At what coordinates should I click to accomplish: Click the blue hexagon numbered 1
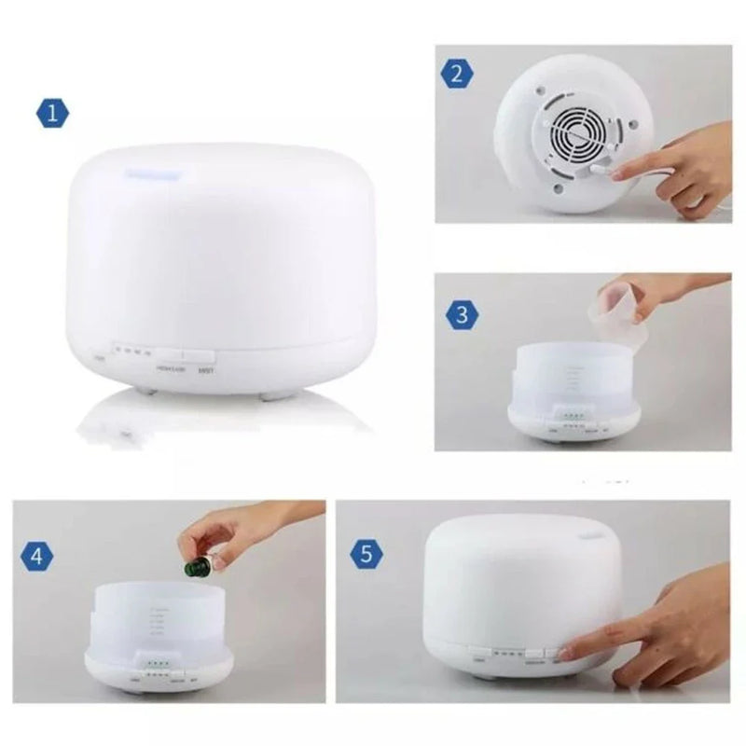[53, 114]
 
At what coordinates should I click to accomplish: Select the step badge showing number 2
[456, 74]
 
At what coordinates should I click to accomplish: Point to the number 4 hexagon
[36, 557]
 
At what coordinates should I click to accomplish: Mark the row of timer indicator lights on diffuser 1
[131, 353]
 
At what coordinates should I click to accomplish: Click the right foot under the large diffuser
[272, 395]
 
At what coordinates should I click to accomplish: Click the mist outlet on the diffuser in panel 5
[594, 538]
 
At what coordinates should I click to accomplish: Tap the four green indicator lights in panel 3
[572, 415]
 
